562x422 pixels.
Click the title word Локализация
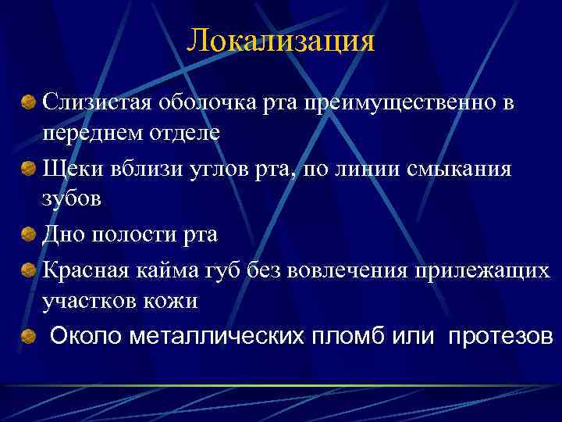click(281, 41)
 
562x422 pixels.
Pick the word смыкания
click(461, 169)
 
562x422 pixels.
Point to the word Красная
click(85, 270)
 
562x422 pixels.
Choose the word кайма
click(164, 270)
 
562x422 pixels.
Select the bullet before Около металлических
click(29, 337)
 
